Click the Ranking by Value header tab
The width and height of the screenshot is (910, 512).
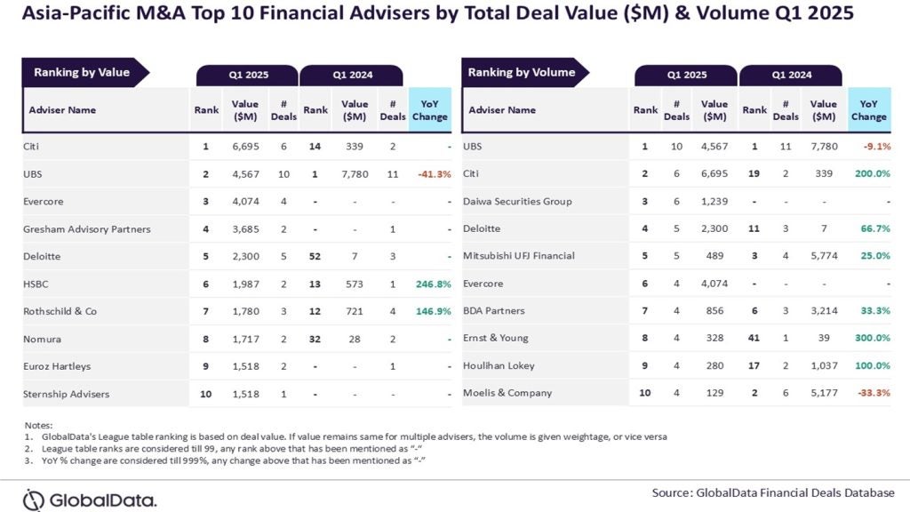pyautogui.click(x=82, y=72)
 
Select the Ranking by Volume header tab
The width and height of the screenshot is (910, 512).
pyautogui.click(x=522, y=72)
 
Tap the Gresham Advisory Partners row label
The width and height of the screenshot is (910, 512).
pyautogui.click(x=86, y=229)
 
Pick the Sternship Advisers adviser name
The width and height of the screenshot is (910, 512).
pyautogui.click(x=66, y=393)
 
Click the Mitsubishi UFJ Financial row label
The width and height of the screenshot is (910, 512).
pyautogui.click(x=519, y=256)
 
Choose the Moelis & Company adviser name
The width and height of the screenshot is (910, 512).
pyautogui.click(x=507, y=393)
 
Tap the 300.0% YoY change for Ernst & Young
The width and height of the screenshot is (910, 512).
pyautogui.click(x=872, y=338)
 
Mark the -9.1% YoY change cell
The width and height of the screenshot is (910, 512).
pyautogui.click(x=874, y=147)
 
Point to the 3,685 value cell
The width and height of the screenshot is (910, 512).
pyautogui.click(x=244, y=229)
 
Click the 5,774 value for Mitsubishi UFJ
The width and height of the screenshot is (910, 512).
pyautogui.click(x=824, y=256)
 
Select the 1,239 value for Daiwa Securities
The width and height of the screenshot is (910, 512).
pyautogui.click(x=714, y=202)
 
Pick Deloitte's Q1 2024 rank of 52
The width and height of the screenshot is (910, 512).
pyautogui.click(x=315, y=256)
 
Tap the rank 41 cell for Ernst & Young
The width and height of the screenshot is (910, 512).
pyautogui.click(x=754, y=338)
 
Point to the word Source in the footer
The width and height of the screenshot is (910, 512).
pyautogui.click(x=672, y=492)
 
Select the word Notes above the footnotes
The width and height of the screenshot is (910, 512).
pyautogui.click(x=38, y=425)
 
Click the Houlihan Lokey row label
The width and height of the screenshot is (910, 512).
pyautogui.click(x=499, y=365)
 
